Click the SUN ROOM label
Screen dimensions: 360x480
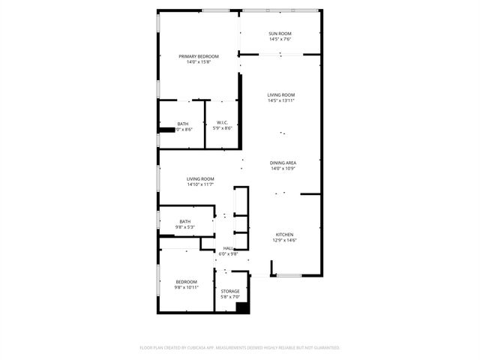280,34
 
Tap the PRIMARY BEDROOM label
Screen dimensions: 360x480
199,56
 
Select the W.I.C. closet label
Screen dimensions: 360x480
223,123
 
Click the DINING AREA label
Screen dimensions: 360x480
283,163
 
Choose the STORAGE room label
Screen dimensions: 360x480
230,291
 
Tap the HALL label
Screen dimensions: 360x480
228,248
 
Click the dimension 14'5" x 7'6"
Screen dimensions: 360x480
280,40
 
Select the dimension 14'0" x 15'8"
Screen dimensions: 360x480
199,62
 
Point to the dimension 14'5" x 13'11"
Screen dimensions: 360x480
281,100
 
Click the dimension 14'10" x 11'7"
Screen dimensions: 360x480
200,184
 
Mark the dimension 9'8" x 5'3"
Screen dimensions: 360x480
184,227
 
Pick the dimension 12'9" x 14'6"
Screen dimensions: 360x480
285,241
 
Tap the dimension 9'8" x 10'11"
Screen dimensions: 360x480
187,287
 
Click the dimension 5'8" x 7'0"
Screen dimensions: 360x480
230,297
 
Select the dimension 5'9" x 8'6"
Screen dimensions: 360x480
223,129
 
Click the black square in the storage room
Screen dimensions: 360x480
242,307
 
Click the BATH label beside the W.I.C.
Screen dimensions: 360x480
183,124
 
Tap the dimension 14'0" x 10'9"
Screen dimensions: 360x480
283,169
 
